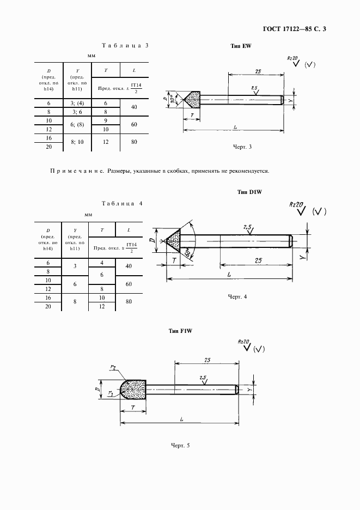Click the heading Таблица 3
(125, 45)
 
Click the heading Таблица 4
(122, 203)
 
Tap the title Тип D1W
(251, 192)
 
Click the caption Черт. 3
(242, 147)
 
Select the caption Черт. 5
(180, 445)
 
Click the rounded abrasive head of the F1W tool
(132, 390)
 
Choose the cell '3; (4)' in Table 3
(76, 103)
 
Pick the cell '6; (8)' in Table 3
(76, 124)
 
